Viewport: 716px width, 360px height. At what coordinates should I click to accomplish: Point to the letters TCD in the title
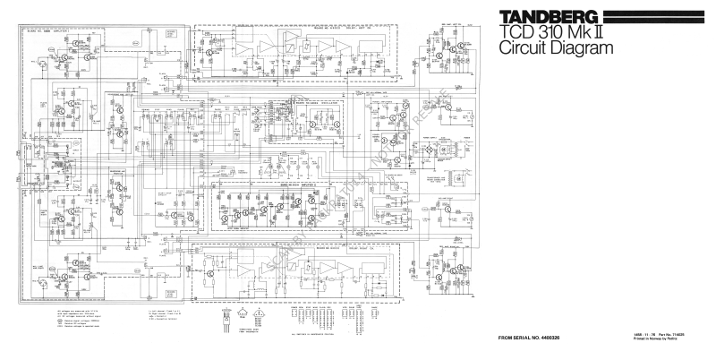[x=505, y=32]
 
